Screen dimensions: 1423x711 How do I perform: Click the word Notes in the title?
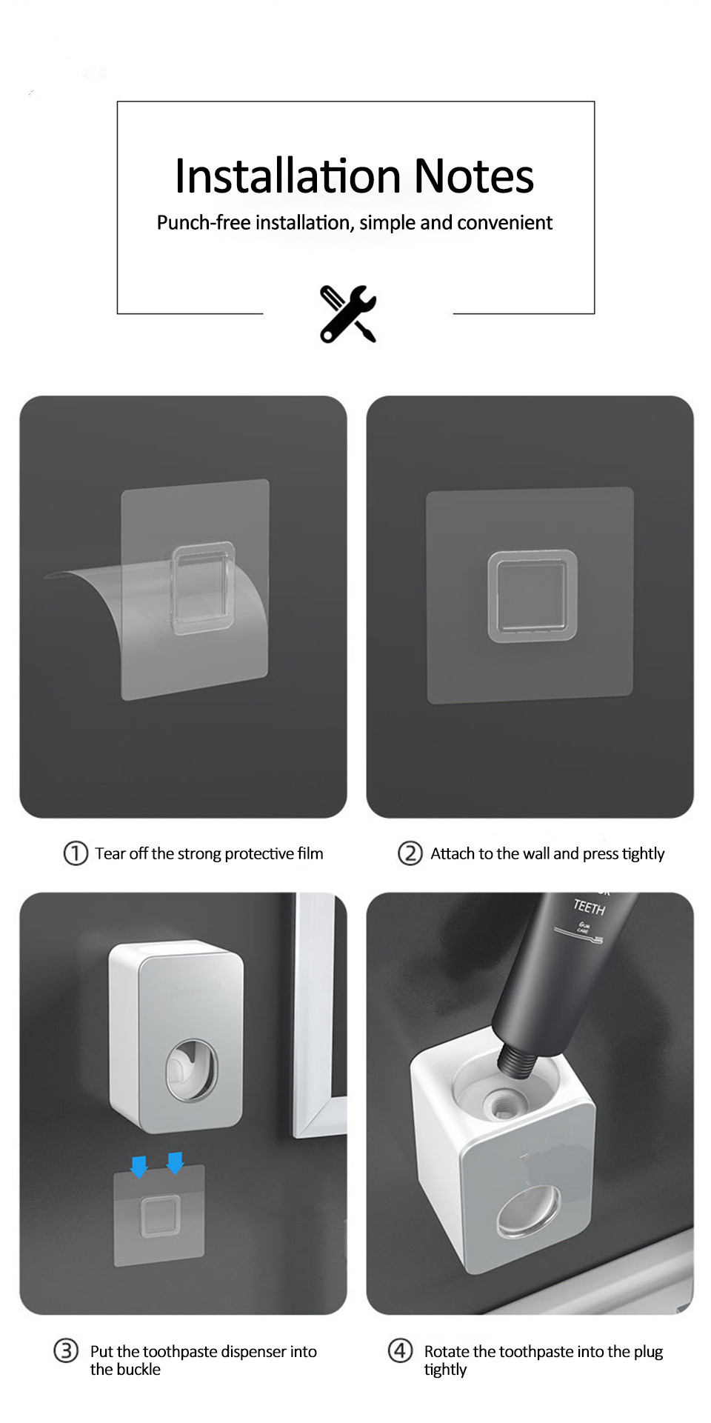pyautogui.click(x=473, y=176)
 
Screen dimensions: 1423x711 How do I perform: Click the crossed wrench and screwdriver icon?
pyautogui.click(x=348, y=313)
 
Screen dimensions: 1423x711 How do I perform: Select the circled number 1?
pyautogui.click(x=76, y=853)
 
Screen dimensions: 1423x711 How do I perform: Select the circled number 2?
pyautogui.click(x=410, y=853)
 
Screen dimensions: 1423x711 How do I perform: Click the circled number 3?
pyautogui.click(x=66, y=1350)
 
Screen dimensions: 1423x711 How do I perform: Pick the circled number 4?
pyautogui.click(x=400, y=1350)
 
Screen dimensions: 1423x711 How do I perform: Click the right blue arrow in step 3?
pyautogui.click(x=175, y=1162)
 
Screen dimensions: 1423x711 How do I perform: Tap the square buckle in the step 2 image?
pyautogui.click(x=532, y=596)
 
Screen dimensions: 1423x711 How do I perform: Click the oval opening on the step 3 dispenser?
pyautogui.click(x=191, y=1070)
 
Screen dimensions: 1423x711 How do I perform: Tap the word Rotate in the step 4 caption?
pyautogui.click(x=447, y=1351)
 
